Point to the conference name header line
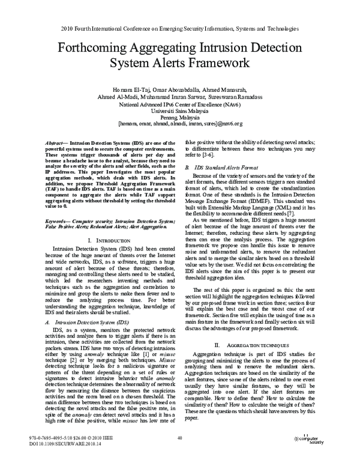coord(180,28)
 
